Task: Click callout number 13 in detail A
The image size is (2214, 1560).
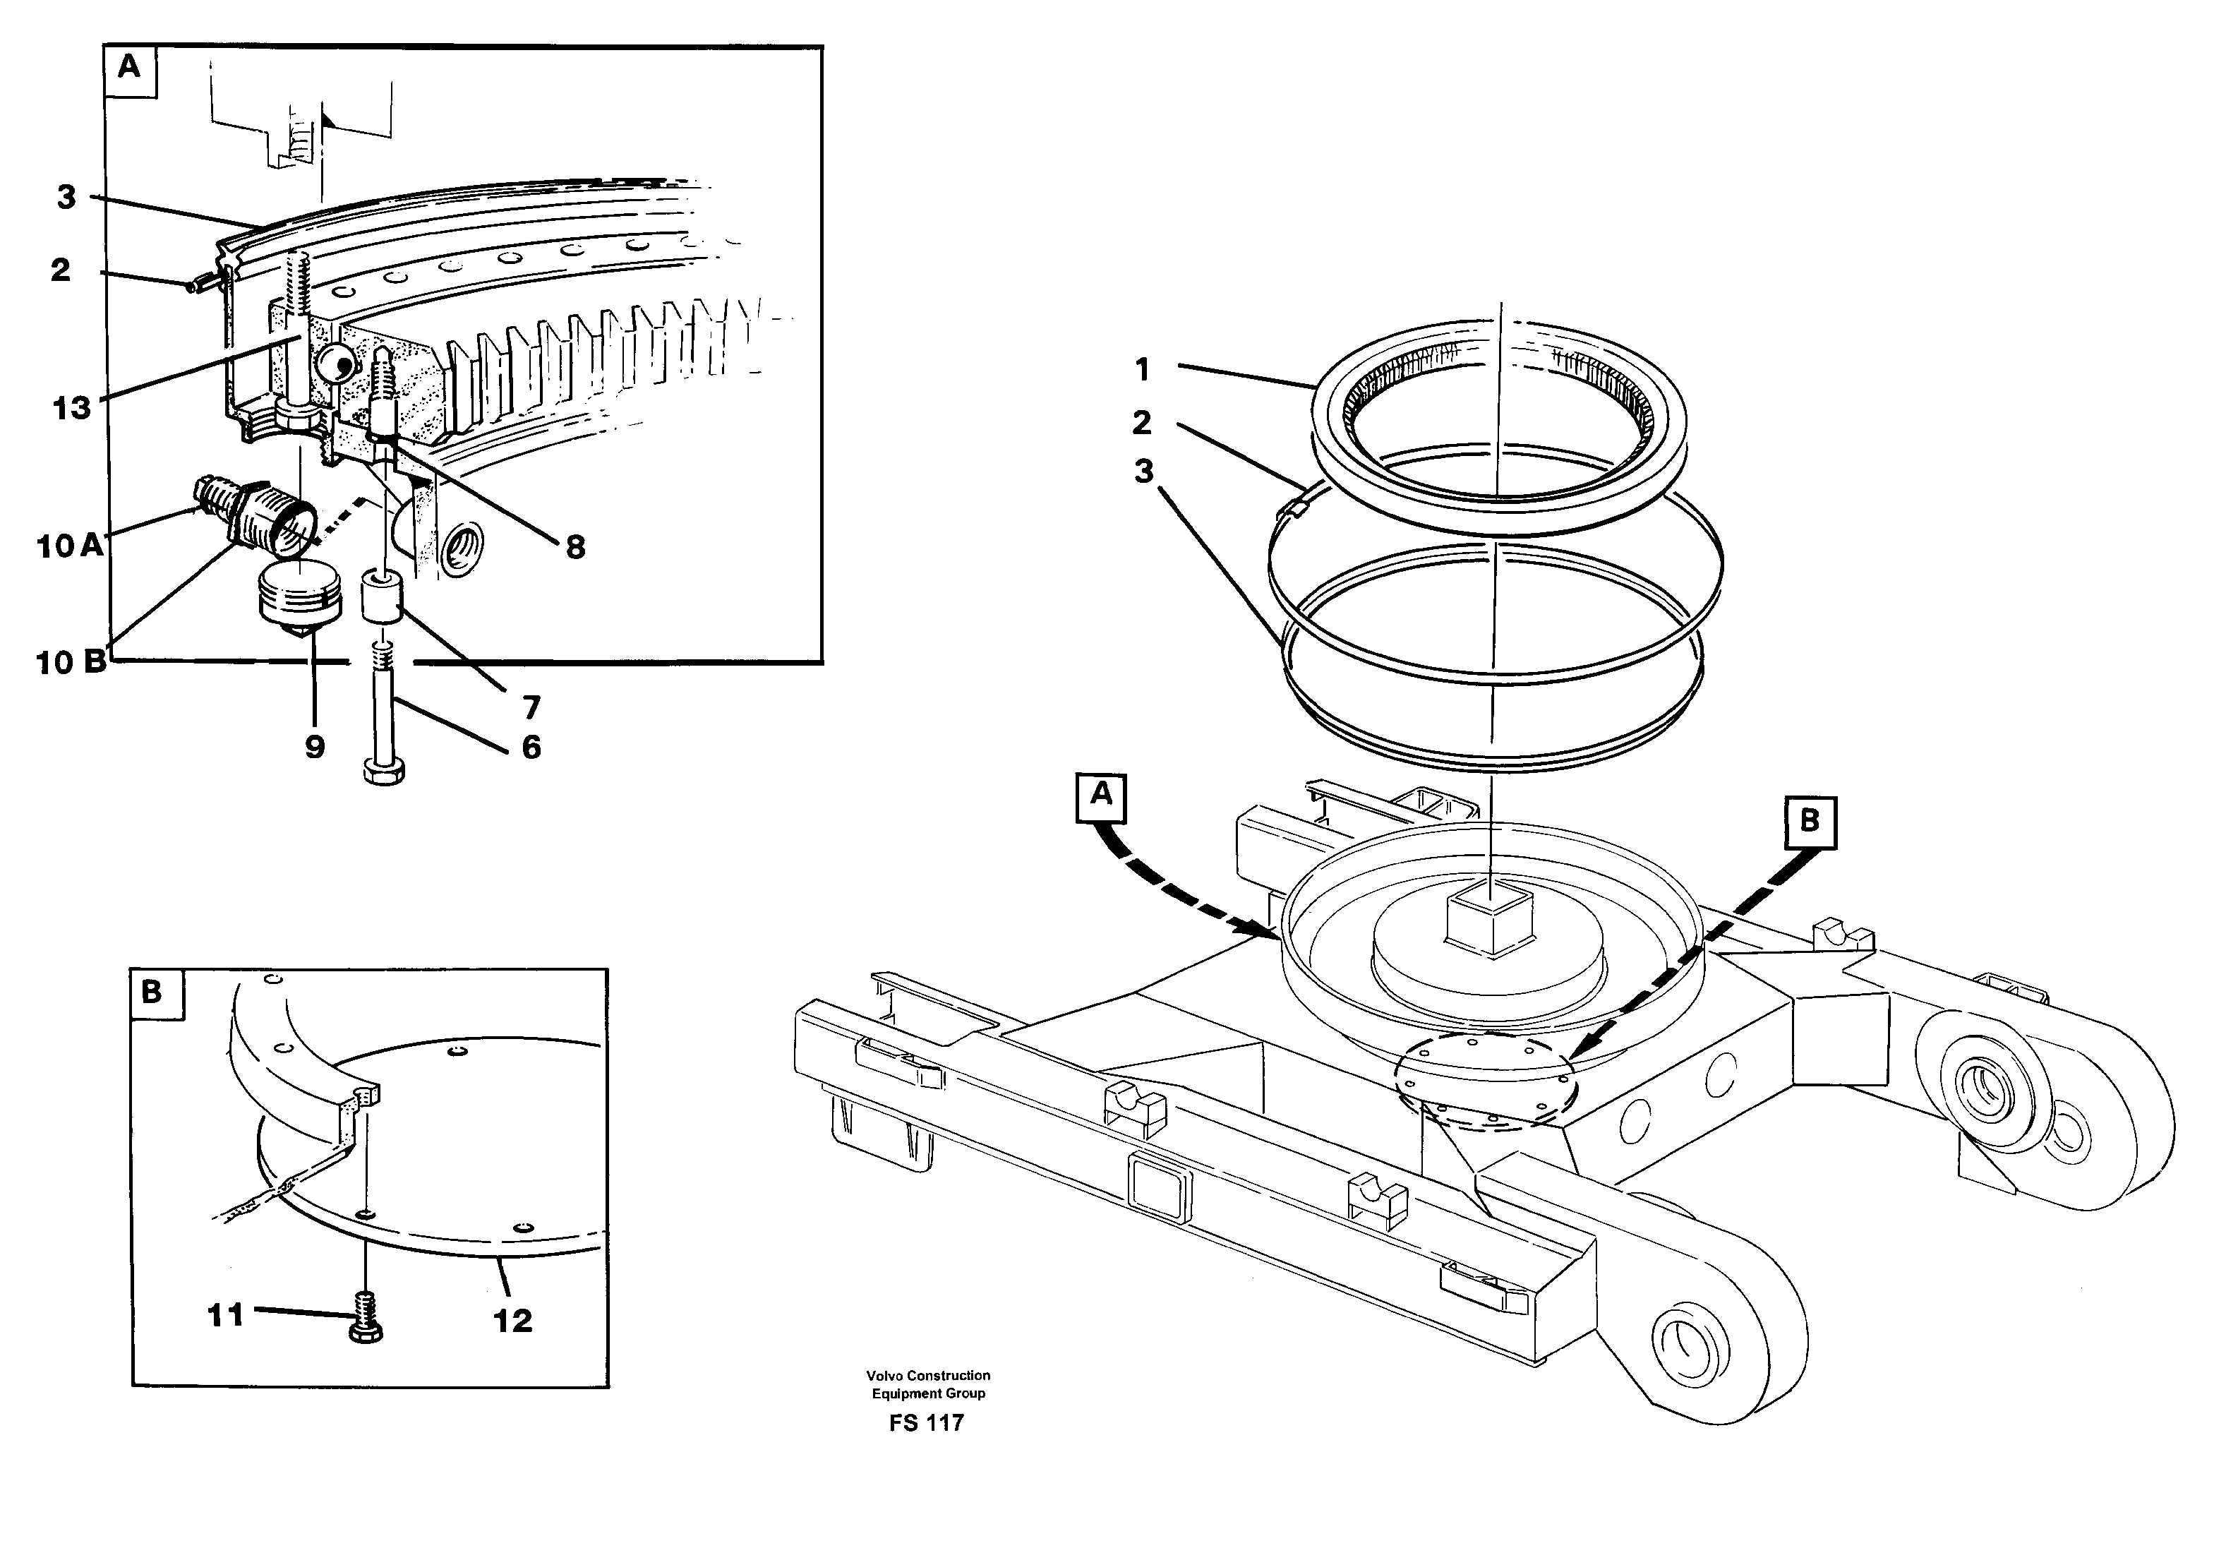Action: [71, 408]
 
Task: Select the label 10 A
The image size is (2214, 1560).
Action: [69, 546]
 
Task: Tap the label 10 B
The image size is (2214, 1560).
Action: [71, 662]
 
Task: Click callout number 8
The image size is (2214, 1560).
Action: [574, 548]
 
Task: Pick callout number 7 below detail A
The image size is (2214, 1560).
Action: [531, 708]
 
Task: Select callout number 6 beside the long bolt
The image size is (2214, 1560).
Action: [531, 748]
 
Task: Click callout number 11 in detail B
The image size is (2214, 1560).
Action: [226, 1315]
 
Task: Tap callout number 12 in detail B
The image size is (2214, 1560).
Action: [513, 1321]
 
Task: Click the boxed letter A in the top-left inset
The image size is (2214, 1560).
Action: [128, 68]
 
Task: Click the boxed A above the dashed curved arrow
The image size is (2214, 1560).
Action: [1100, 796]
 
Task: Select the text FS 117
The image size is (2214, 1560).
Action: [927, 1423]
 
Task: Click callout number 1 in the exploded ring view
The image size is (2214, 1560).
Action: [1142, 369]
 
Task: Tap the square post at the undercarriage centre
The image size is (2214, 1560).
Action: [1491, 920]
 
